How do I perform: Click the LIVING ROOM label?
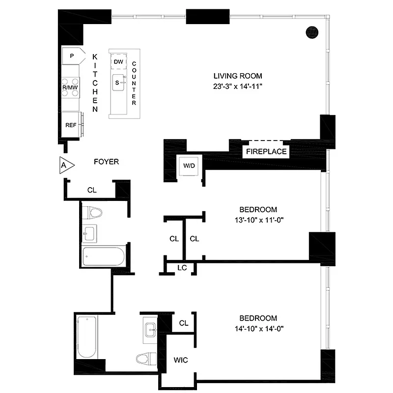pos(238,76)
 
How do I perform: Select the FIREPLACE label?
pos(266,152)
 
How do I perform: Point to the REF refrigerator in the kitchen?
pos(71,125)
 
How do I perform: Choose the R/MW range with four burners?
pos(70,87)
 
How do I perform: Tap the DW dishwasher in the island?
pos(118,62)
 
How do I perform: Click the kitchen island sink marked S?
pos(118,83)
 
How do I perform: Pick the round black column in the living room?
pos(312,32)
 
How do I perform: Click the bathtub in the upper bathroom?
pos(104,256)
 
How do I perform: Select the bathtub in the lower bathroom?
pos(87,337)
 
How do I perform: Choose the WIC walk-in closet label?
pos(180,360)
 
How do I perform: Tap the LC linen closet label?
pos(181,268)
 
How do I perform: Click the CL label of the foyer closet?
pos(92,189)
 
